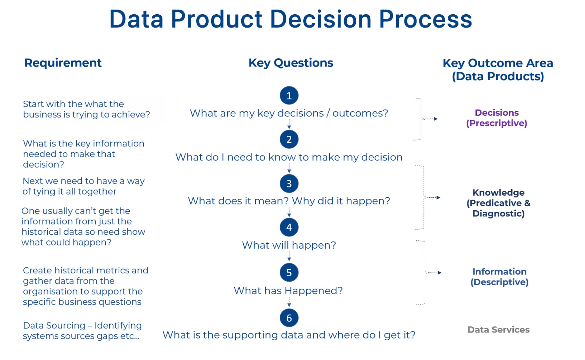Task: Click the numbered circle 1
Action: point(289,95)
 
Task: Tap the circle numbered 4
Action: point(289,227)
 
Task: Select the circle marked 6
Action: point(289,318)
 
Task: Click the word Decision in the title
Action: point(321,19)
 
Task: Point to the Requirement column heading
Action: point(63,63)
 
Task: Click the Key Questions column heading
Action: point(291,63)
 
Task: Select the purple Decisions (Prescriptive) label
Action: point(497,118)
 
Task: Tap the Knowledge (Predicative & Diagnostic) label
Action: point(498,203)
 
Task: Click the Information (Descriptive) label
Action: point(499,277)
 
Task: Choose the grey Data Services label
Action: point(498,330)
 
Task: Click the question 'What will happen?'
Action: point(289,245)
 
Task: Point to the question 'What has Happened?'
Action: point(288,291)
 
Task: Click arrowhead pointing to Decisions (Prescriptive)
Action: point(436,119)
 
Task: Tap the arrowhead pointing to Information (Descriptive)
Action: point(439,273)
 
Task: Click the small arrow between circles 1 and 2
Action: point(289,127)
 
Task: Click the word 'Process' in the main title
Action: point(425,19)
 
